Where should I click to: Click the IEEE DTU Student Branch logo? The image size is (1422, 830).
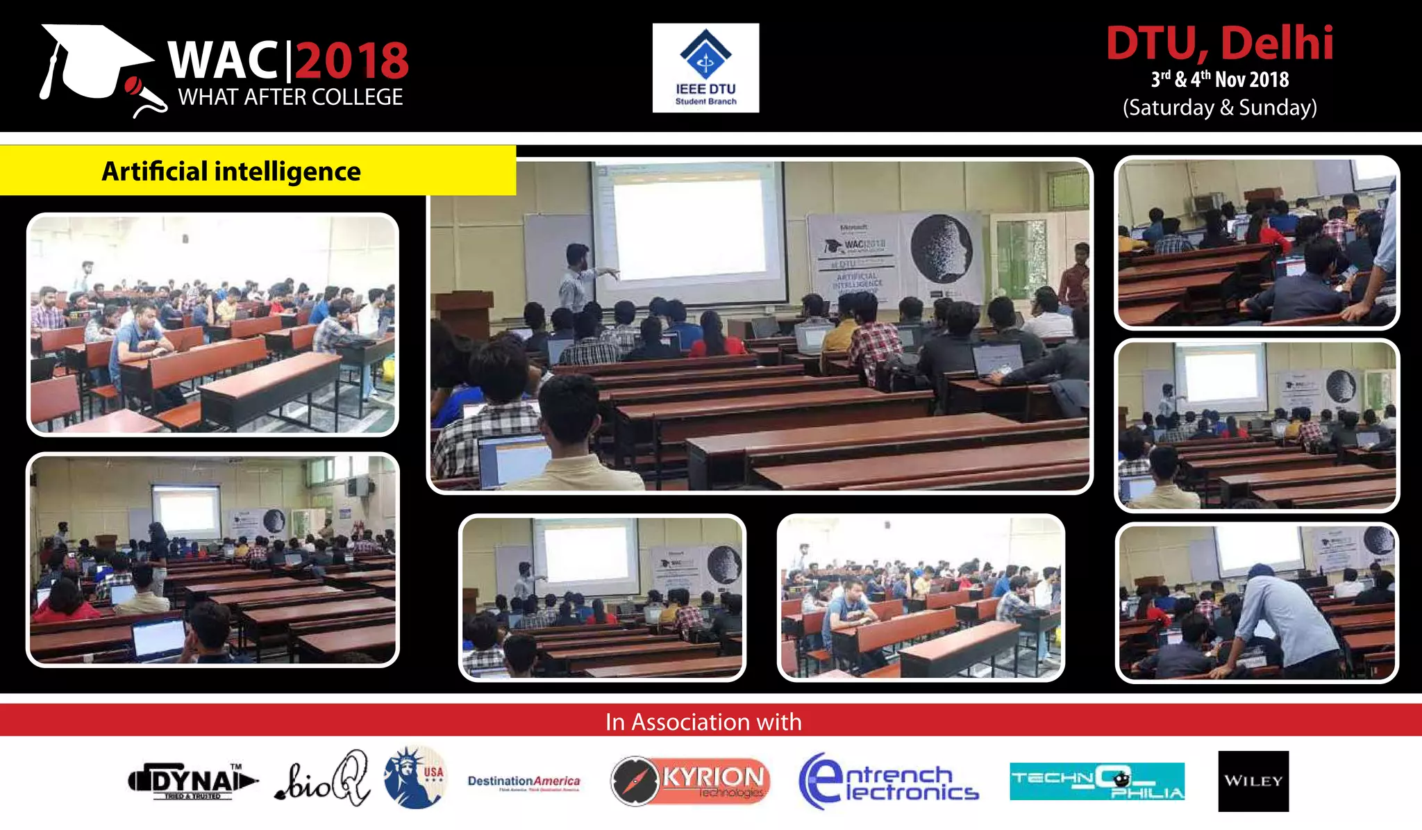(705, 68)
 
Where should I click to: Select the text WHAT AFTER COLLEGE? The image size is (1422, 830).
(290, 97)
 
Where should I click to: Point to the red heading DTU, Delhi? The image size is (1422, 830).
(1219, 43)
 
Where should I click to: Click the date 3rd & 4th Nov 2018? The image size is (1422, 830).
(1219, 80)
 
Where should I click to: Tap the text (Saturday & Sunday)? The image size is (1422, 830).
(1219, 108)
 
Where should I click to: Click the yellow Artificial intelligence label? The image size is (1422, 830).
(231, 171)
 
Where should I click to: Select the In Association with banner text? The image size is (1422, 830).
(703, 722)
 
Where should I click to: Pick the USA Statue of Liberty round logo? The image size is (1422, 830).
(415, 778)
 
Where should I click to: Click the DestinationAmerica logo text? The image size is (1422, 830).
(524, 781)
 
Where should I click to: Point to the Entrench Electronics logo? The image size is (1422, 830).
(888, 781)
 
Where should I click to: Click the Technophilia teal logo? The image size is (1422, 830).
(1097, 781)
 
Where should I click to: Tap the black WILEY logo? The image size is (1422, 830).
(1253, 781)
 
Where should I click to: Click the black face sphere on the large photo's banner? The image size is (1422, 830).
(941, 247)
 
